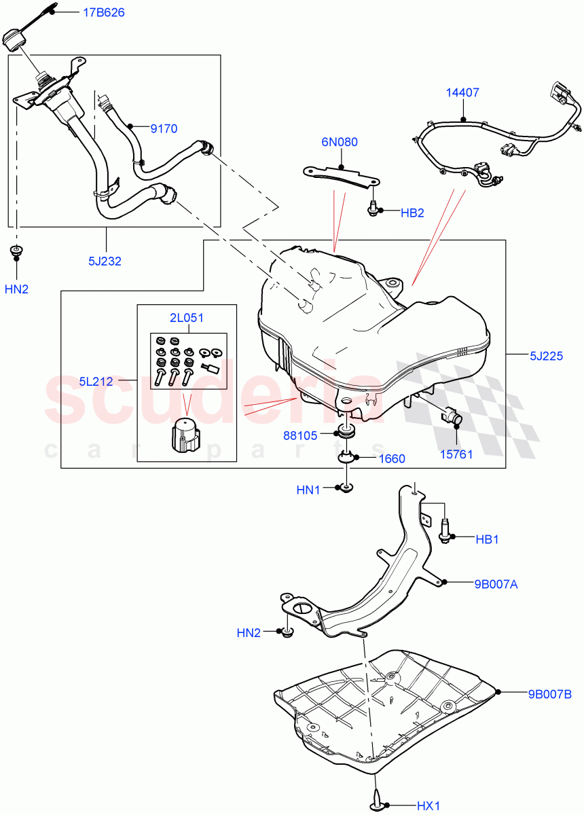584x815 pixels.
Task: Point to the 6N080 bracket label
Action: [340, 142]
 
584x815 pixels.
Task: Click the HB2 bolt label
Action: [412, 212]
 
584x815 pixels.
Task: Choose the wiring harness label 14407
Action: [462, 93]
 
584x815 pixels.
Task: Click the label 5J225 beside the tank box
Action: [546, 355]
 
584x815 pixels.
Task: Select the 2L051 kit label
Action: [186, 317]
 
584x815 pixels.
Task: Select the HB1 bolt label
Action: [487, 539]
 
